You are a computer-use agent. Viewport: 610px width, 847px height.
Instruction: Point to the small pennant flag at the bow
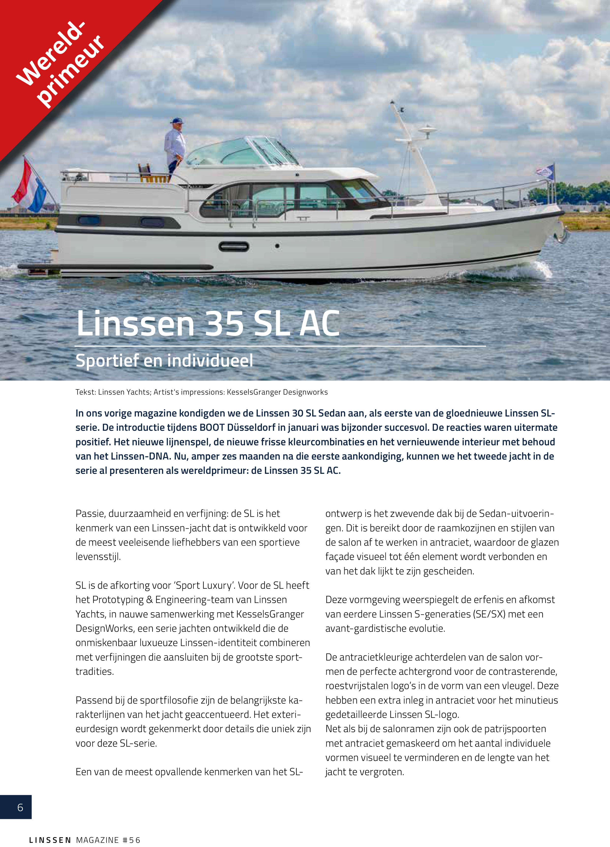(x=545, y=171)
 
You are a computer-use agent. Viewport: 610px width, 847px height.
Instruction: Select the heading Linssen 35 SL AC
(x=208, y=323)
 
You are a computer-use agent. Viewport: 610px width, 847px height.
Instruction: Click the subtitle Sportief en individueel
(x=164, y=361)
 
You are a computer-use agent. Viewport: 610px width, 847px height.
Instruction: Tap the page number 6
(x=20, y=807)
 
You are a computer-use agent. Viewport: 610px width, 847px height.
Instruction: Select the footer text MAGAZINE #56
(x=108, y=840)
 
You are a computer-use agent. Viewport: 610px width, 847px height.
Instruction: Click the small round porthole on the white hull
(x=277, y=246)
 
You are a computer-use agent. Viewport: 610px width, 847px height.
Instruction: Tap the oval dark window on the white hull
(x=234, y=246)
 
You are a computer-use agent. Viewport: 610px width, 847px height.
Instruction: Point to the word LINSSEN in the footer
(x=50, y=840)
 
